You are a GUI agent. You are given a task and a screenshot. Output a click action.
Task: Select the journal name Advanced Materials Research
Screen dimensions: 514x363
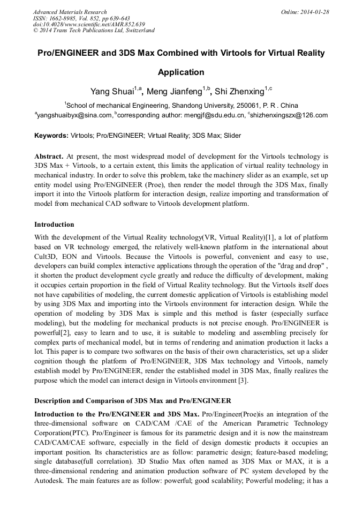70,12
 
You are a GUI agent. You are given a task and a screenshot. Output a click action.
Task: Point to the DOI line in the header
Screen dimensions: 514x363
89,24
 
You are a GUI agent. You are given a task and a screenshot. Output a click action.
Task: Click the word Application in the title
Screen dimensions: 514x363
181,72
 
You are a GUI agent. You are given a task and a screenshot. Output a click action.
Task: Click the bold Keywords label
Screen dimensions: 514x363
51,136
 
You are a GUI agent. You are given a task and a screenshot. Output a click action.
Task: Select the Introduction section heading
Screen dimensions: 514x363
54,224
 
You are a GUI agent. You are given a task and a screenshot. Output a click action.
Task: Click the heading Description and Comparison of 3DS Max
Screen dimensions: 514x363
133,400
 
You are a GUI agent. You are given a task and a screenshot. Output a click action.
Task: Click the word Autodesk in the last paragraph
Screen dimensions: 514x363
51,481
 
